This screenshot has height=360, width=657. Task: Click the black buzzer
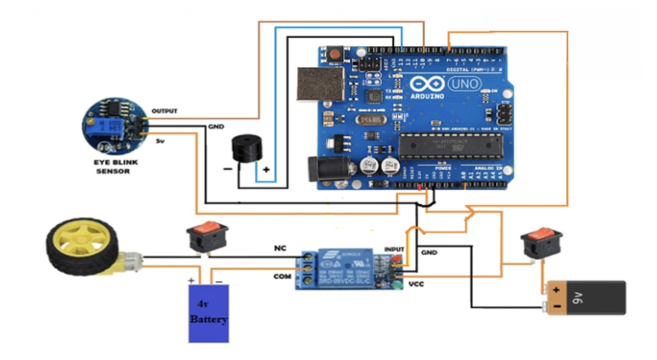tap(247, 149)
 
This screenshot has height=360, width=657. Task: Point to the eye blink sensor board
tap(114, 126)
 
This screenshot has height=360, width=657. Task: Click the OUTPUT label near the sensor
tap(164, 111)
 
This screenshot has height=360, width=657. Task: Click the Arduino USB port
tap(321, 84)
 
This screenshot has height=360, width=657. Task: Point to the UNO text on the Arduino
tap(465, 84)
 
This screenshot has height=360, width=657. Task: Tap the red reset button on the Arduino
tap(335, 54)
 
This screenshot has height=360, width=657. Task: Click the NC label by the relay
tap(280, 248)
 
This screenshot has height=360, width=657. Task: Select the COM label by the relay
tap(282, 276)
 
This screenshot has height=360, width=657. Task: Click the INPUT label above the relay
tap(394, 249)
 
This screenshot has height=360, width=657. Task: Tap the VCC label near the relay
tap(416, 284)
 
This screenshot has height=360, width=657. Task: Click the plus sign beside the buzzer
tap(266, 170)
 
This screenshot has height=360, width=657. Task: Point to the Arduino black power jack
tap(328, 170)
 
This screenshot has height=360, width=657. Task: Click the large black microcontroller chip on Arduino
tap(450, 146)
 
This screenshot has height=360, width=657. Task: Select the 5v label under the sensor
tap(160, 141)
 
